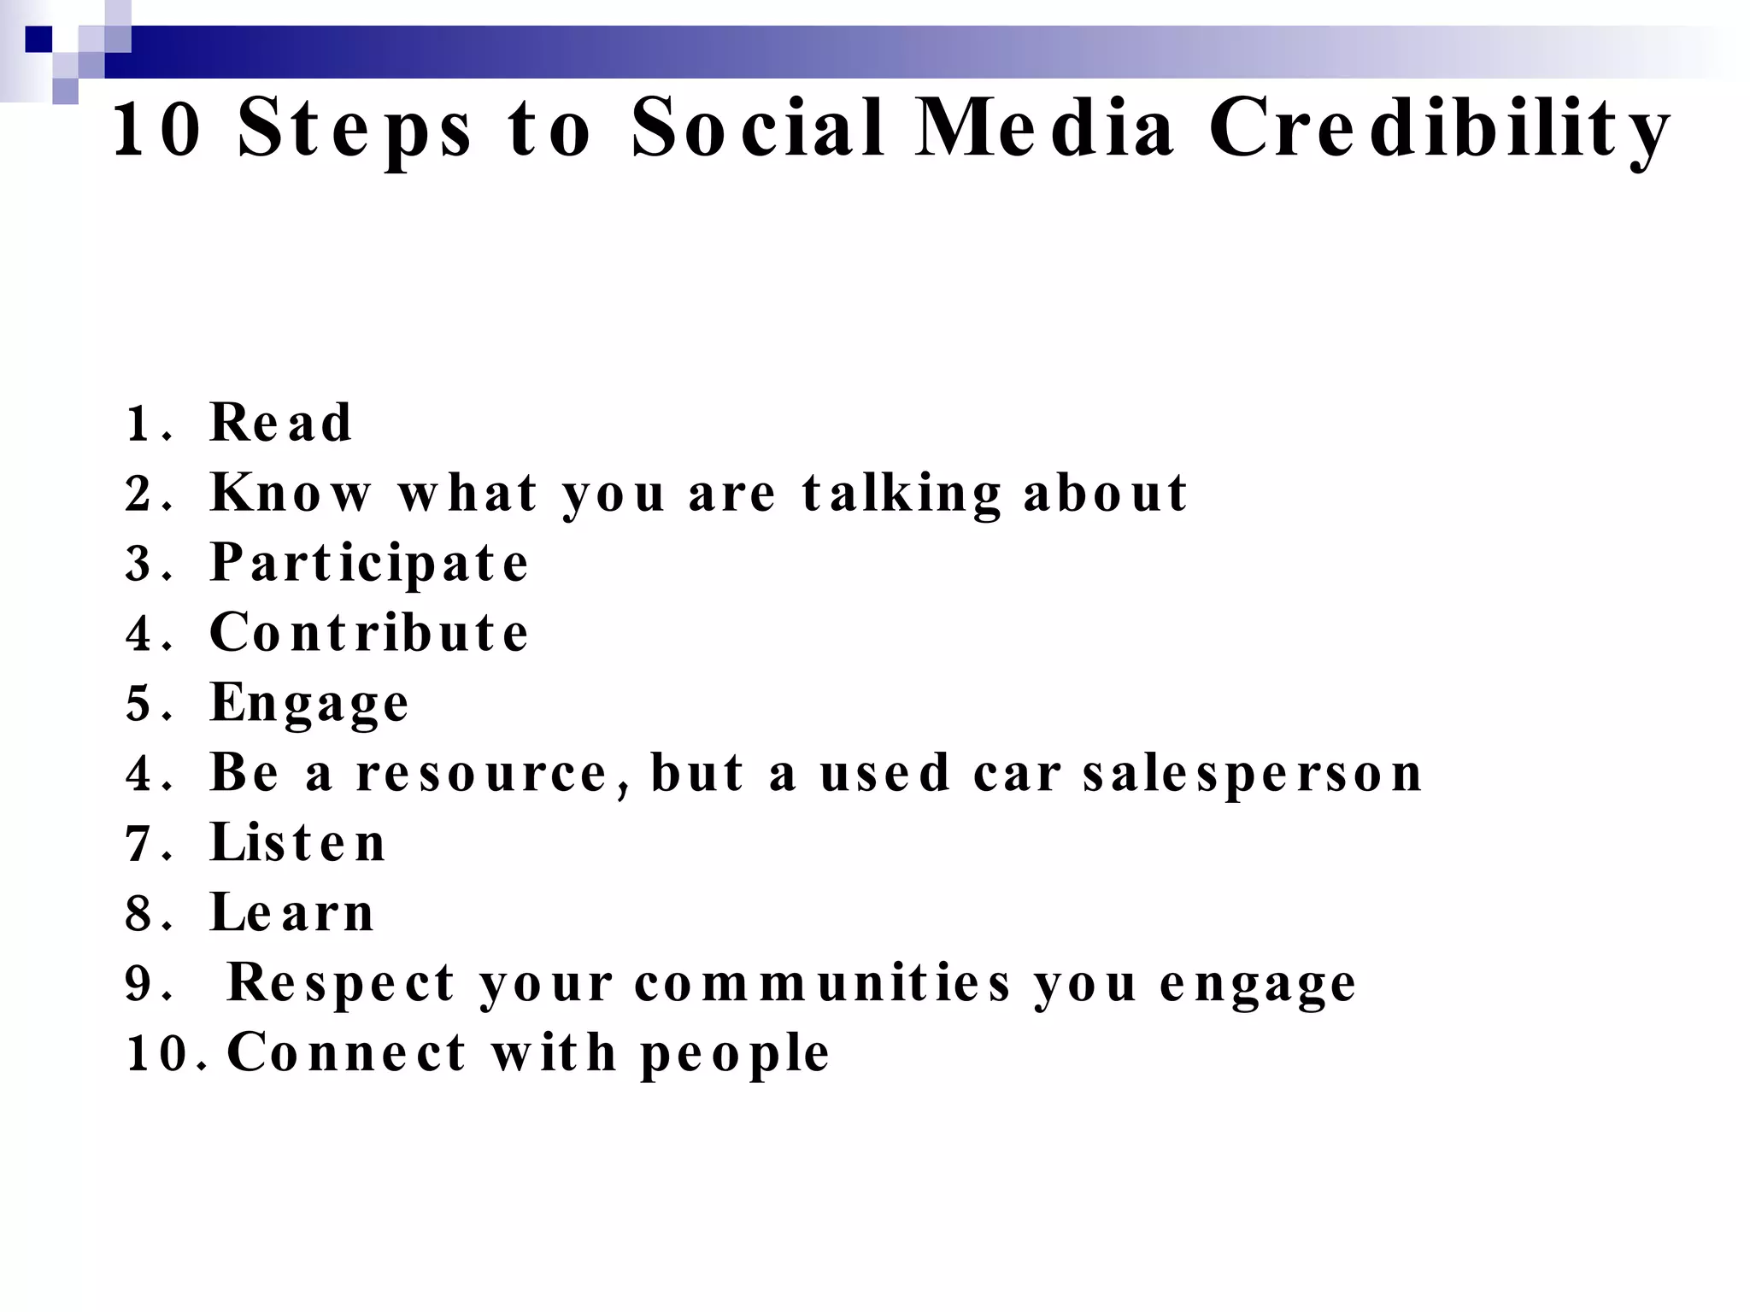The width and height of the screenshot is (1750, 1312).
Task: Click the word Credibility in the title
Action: pyautogui.click(x=1439, y=130)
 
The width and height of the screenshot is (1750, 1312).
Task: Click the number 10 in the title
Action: pyautogui.click(x=157, y=130)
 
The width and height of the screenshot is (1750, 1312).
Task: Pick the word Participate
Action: pyautogui.click(x=369, y=564)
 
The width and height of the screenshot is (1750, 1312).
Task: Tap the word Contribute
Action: pyautogui.click(x=369, y=633)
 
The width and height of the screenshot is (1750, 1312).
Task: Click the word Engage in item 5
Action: pyautogui.click(x=309, y=704)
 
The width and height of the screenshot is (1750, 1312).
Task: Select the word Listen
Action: pyautogui.click(x=298, y=843)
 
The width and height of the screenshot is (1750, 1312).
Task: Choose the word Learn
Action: pyautogui.click(x=292, y=913)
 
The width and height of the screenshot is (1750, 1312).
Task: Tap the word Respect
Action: pyautogui.click(x=340, y=983)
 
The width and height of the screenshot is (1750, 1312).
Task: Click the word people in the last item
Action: pyautogui.click(x=735, y=1053)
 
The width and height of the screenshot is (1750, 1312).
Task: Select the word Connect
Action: pyautogui.click(x=346, y=1053)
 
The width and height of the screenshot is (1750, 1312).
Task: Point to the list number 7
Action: pyautogui.click(x=138, y=845)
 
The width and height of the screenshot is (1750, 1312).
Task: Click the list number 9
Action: pyautogui.click(x=138, y=984)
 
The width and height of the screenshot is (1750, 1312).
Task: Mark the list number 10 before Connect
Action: pyautogui.click(x=156, y=1054)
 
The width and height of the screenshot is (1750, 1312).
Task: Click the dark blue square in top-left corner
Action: pyautogui.click(x=38, y=39)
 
